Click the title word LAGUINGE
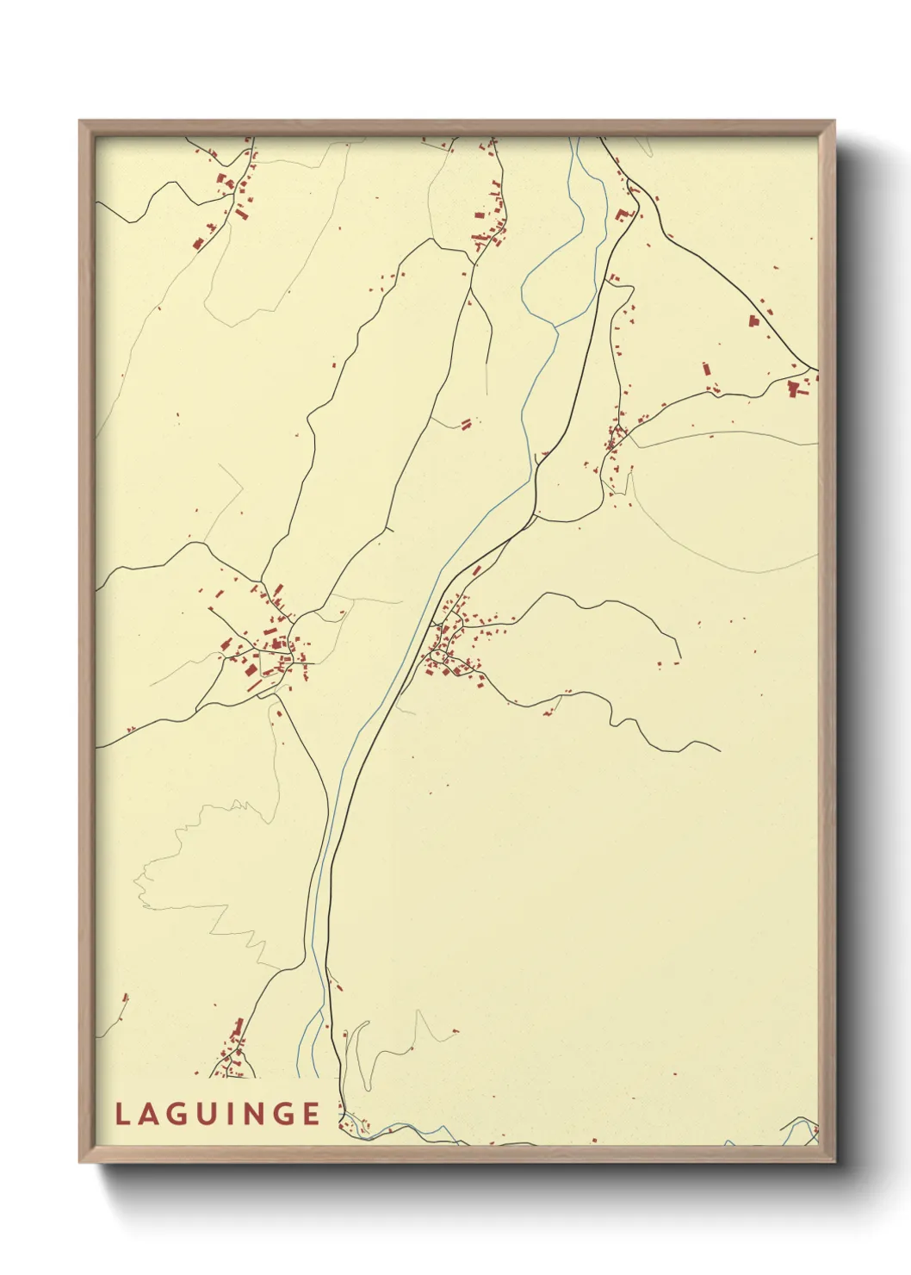218,1114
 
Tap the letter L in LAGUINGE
121,1114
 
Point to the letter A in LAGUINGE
148,1114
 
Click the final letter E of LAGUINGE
312,1114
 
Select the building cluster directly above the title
233,1051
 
